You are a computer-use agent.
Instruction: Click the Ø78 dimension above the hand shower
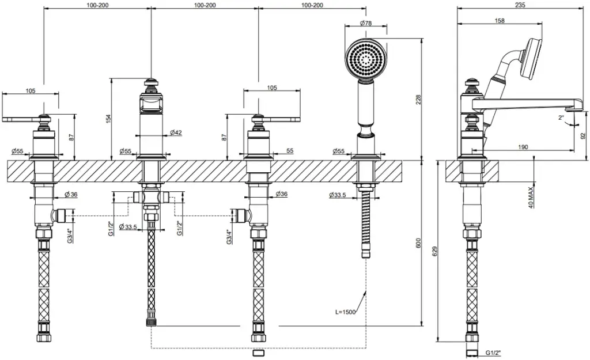pos(366,23)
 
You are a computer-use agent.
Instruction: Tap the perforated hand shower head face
pos(366,59)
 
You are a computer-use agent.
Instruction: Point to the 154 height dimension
pos(109,119)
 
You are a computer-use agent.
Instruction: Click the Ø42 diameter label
pos(176,132)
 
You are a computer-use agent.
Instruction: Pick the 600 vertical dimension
pos(418,243)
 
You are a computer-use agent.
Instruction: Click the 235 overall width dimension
pos(520,5)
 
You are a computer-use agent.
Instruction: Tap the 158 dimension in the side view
pos(500,21)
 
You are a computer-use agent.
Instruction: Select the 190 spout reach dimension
pos(523,147)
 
